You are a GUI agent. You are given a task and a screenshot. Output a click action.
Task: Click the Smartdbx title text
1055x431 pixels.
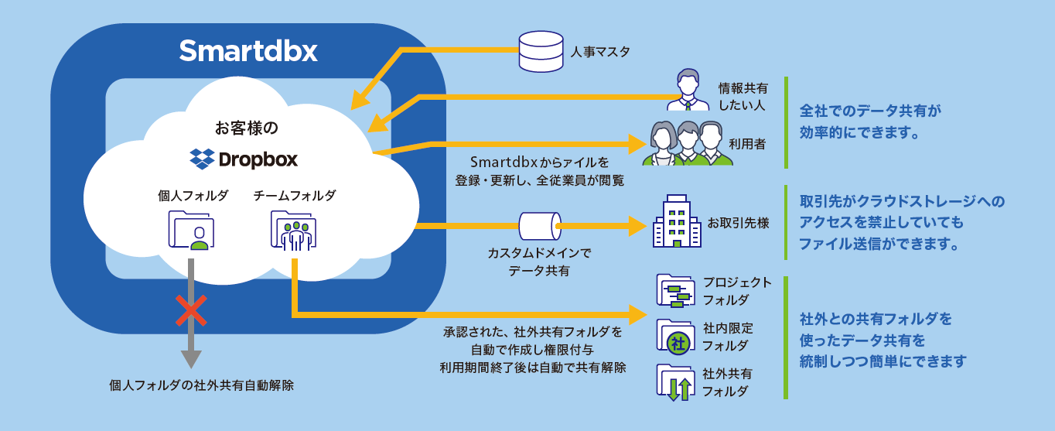tap(248, 51)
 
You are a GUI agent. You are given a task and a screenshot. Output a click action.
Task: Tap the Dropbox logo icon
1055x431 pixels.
tap(202, 159)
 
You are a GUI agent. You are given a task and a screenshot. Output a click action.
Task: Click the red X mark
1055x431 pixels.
tap(190, 310)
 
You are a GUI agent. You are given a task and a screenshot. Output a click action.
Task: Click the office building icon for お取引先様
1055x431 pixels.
tap(675, 221)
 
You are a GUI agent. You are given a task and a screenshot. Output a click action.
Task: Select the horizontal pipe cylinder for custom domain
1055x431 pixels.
tap(539, 227)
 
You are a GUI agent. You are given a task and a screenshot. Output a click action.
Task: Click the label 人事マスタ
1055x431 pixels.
tap(600, 53)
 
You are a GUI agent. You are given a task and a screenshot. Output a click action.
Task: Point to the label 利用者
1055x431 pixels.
tap(747, 143)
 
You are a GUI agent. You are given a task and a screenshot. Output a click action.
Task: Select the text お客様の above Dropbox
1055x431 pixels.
tap(246, 126)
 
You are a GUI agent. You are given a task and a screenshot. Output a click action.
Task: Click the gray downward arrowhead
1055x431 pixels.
tap(190, 358)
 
